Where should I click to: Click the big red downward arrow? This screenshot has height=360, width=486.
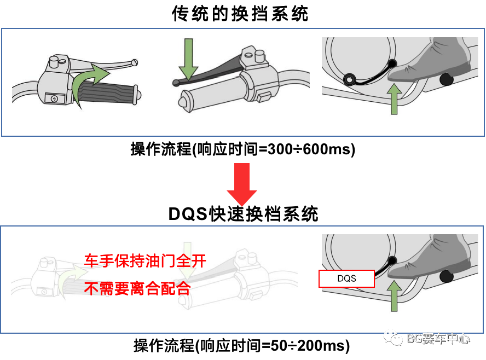coord(242,184)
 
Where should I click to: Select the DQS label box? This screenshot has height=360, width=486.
coord(346,278)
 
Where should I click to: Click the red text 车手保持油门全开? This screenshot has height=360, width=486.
coord(145,260)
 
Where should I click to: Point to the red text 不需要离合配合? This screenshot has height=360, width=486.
coord(137,289)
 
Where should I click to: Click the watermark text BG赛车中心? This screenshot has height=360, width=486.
coord(438,339)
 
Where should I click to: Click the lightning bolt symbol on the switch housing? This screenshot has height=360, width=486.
coord(54,98)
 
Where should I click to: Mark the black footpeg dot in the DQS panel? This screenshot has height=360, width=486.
coord(447,276)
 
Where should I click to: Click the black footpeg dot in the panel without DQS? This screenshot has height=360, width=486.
coord(447,79)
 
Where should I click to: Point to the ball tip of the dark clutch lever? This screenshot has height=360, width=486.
coord(176,83)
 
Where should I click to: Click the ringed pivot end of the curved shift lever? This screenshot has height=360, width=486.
coord(348,80)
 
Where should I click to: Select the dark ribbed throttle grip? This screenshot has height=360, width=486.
coord(107,94)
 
